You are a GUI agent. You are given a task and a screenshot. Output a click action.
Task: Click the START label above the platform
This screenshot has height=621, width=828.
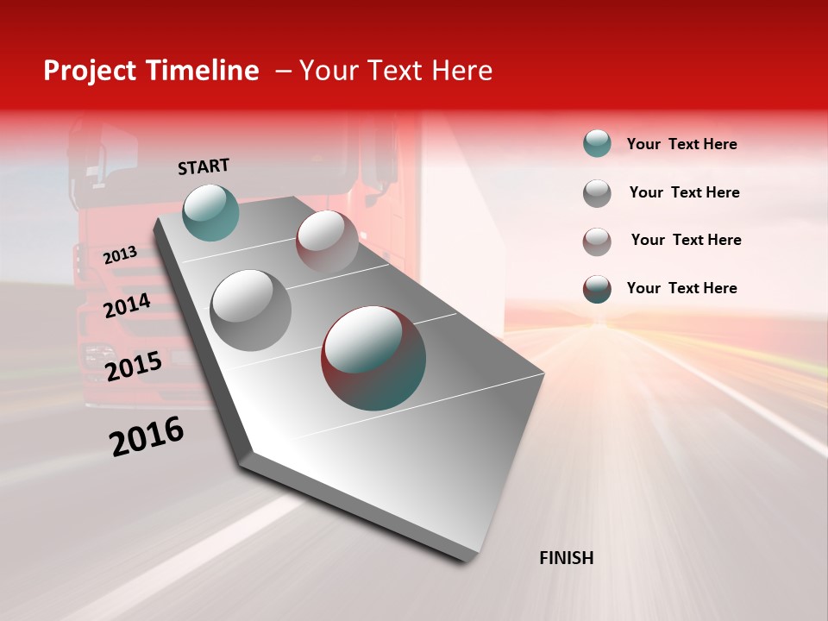click(x=204, y=166)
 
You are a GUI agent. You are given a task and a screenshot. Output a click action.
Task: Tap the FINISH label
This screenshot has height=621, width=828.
click(x=567, y=558)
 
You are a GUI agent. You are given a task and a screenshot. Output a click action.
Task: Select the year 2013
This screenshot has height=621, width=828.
click(x=120, y=254)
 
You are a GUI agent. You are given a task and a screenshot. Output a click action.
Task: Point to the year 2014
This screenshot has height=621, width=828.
click(x=127, y=305)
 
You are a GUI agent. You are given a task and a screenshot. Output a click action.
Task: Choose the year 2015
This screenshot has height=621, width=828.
click(x=134, y=367)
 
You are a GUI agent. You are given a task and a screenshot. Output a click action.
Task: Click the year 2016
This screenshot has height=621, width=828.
click(x=147, y=436)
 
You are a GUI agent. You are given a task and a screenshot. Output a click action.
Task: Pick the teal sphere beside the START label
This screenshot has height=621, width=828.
click(x=211, y=212)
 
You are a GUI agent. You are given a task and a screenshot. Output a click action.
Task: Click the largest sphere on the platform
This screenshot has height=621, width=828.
click(x=373, y=358)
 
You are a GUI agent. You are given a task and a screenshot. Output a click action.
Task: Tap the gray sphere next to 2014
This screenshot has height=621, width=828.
click(x=251, y=310)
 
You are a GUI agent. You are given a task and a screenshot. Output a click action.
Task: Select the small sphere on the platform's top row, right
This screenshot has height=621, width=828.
click(x=327, y=241)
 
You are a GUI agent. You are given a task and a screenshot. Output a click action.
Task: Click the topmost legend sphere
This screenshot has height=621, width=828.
click(x=597, y=143)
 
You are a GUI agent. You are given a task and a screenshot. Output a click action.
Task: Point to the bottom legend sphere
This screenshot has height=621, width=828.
click(x=597, y=289)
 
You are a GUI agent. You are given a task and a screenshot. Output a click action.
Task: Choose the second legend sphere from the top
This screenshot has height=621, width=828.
click(x=597, y=193)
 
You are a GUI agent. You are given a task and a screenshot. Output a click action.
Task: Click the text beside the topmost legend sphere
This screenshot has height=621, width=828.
click(x=681, y=144)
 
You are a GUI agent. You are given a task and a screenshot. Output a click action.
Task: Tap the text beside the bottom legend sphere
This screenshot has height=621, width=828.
click(x=681, y=288)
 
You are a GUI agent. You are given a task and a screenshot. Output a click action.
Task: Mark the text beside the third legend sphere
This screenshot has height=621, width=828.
click(x=686, y=240)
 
